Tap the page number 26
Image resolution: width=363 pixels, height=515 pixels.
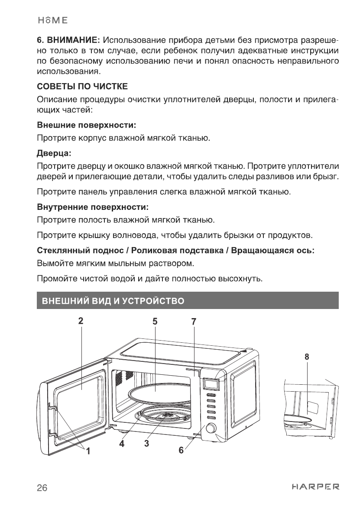pyautogui.click(x=42, y=488)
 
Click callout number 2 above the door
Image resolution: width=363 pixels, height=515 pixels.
pyautogui.click(x=81, y=321)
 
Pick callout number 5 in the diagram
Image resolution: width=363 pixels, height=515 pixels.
pyautogui.click(x=155, y=321)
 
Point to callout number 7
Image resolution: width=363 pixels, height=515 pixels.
pyautogui.click(x=194, y=321)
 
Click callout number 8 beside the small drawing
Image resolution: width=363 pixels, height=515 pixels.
pyautogui.click(x=307, y=357)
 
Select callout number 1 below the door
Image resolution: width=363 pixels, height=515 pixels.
pyautogui.click(x=88, y=452)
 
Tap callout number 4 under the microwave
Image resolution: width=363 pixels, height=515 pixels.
pyautogui.click(x=122, y=444)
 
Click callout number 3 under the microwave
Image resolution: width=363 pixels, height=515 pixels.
pyautogui.click(x=147, y=444)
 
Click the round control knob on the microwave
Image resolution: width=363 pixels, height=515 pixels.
pyautogui.click(x=211, y=428)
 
